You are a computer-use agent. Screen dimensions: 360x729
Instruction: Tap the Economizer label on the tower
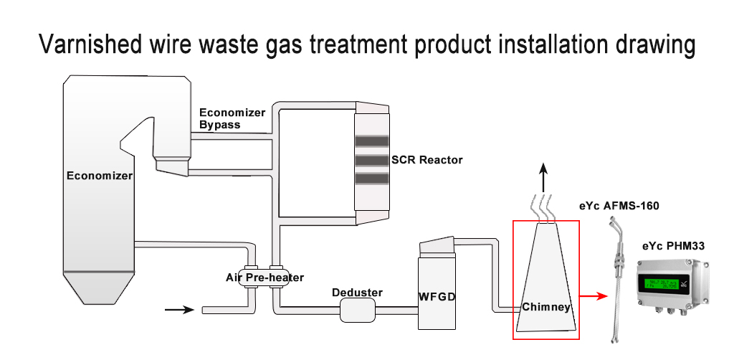pos(100,176)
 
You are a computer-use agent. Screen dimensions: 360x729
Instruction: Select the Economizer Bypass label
pos(232,118)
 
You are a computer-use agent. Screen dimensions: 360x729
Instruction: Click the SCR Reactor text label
pos(427,159)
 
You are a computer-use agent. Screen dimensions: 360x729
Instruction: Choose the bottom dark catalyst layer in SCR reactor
pos(371,178)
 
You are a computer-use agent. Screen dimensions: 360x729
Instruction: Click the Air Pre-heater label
pos(265,278)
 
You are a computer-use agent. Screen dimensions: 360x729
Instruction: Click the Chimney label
pos(546,307)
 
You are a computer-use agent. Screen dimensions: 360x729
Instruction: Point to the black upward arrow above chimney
pos(545,176)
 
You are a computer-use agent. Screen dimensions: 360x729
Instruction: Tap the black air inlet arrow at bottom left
pos(179,310)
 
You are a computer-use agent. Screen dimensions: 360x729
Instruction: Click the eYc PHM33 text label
pos(673,246)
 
